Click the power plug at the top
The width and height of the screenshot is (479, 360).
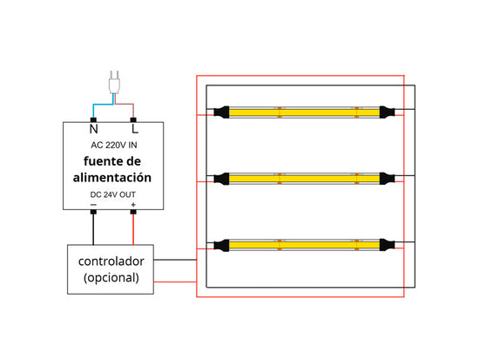pyautogui.click(x=114, y=82)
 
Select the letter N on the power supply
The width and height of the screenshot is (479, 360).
pyautogui.click(x=93, y=129)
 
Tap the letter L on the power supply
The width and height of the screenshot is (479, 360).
pyautogui.click(x=135, y=129)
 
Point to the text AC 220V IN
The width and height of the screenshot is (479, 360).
pyautogui.click(x=113, y=145)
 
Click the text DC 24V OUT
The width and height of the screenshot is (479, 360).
pyautogui.click(x=112, y=194)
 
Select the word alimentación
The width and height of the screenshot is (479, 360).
pyautogui.click(x=112, y=178)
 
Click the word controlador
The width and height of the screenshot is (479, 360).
pyautogui.click(x=111, y=262)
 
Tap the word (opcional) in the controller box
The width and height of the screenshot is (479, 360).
pyautogui.click(x=111, y=277)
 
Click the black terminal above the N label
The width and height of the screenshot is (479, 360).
pyautogui.click(x=93, y=119)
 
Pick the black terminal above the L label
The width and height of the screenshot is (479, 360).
pyautogui.click(x=133, y=119)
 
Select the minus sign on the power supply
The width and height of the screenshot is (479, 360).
pyautogui.click(x=93, y=205)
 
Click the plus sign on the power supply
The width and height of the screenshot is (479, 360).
pyautogui.click(x=133, y=205)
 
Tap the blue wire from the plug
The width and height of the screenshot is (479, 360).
pyautogui.click(x=100, y=105)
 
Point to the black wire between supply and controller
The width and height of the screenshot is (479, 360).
pyautogui.click(x=93, y=229)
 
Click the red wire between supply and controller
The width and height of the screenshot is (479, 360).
pyautogui.click(x=133, y=229)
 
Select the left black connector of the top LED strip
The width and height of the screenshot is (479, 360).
pyautogui.click(x=221, y=112)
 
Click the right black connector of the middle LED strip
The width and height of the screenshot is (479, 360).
pyautogui.click(x=387, y=179)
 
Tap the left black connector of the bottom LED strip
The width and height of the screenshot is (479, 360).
pyautogui.click(x=221, y=245)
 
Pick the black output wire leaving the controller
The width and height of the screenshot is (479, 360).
pyautogui.click(x=175, y=260)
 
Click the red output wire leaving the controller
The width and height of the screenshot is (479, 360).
pyautogui.click(x=175, y=282)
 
